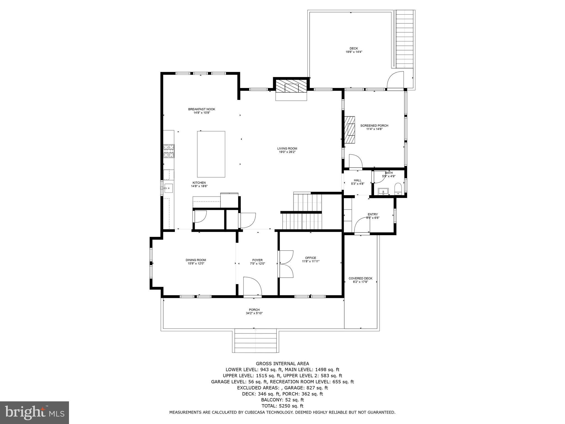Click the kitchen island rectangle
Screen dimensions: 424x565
[211, 154]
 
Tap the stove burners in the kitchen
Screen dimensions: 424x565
[169, 151]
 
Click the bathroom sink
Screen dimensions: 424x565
[383, 191]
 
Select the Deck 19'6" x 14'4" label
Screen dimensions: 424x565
[354, 50]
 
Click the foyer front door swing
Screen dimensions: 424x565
[252, 286]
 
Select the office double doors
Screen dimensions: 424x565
[286, 264]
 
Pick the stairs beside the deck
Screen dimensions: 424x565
[405, 39]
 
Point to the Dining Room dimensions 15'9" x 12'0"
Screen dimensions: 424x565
[196, 263]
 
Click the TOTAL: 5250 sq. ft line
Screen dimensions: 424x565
[282, 406]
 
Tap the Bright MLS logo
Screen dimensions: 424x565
[34, 412]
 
